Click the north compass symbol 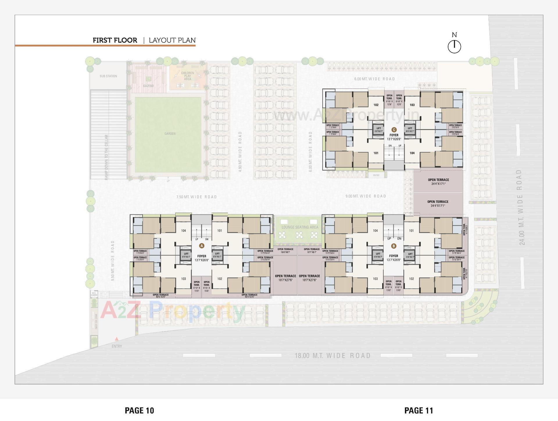(454, 46)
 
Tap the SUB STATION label (108, 76)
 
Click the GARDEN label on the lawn (170, 133)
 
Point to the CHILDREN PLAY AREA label (187, 76)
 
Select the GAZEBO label (148, 86)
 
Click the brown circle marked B (394, 246)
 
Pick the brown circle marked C (394, 130)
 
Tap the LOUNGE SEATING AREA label (300, 227)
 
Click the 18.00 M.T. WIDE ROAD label (333, 355)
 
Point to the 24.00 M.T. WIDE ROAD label (521, 207)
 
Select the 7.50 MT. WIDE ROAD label (197, 197)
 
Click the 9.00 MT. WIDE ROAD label (366, 196)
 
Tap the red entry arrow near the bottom (117, 339)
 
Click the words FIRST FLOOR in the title (115, 40)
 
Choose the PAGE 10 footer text (139, 411)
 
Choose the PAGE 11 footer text (419, 411)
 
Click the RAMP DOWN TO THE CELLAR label (106, 157)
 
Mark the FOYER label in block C (394, 135)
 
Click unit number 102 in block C (376, 105)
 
